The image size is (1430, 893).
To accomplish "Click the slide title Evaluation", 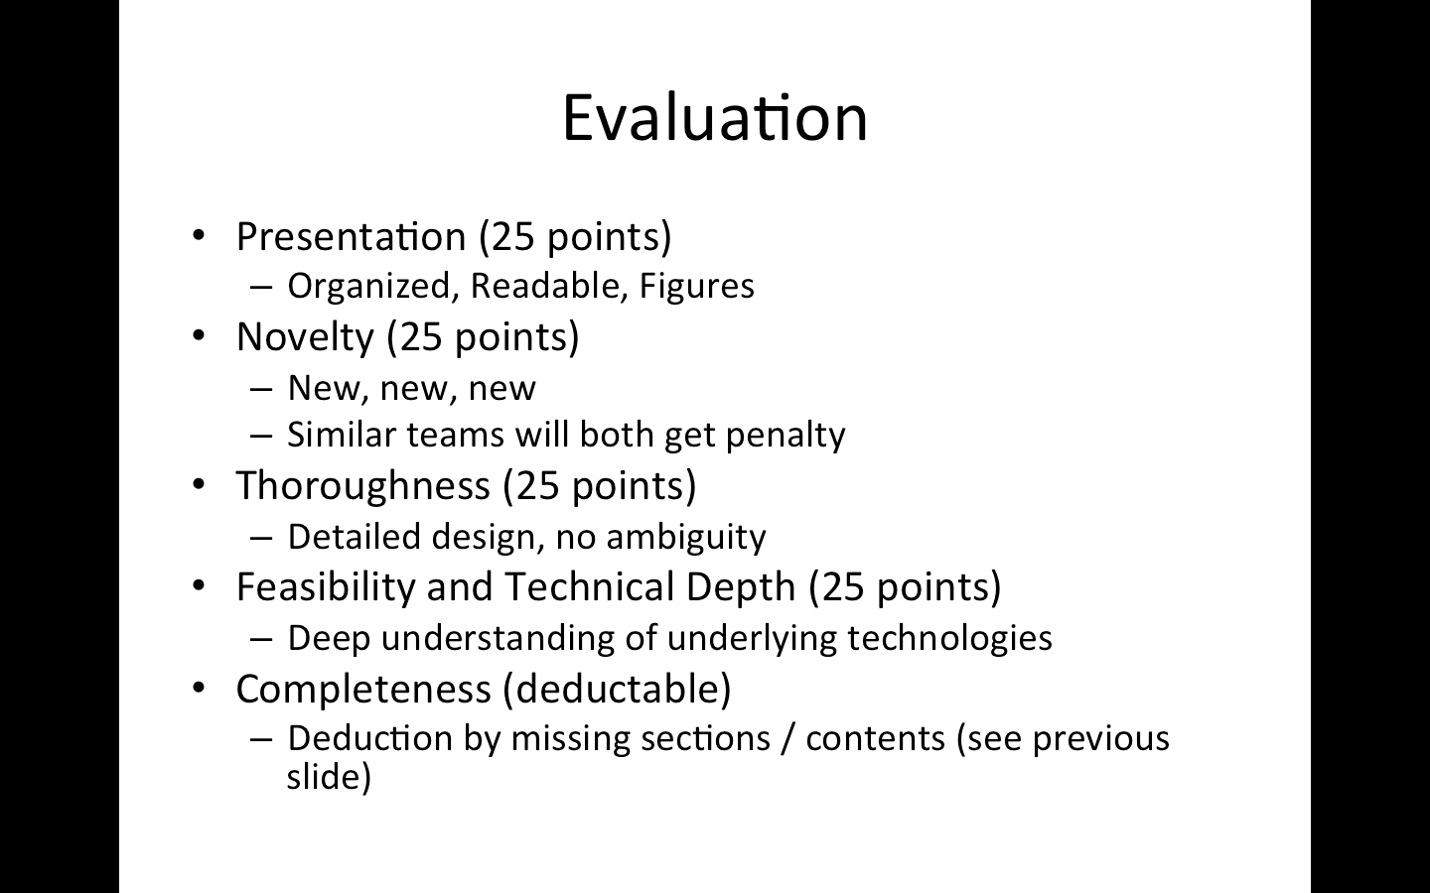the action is click(x=715, y=118).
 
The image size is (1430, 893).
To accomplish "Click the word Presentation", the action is click(x=352, y=236).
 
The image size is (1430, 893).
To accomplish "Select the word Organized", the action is click(x=369, y=287).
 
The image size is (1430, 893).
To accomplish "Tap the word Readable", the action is click(x=545, y=285).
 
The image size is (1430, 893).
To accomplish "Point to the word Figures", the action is click(x=696, y=287).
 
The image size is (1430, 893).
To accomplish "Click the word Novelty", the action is click(x=305, y=337).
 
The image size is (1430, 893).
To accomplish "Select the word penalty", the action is click(x=786, y=436).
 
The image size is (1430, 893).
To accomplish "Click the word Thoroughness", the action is click(x=363, y=486).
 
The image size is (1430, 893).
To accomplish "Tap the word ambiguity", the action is click(x=686, y=537).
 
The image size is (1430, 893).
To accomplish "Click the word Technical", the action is click(x=589, y=586).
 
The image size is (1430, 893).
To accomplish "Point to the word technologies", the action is click(x=950, y=639).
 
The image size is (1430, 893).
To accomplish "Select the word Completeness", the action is click(x=363, y=689).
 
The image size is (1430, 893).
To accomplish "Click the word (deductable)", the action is click(x=617, y=689).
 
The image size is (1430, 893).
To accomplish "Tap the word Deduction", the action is click(x=370, y=738).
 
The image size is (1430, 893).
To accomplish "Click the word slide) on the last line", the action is click(x=329, y=777).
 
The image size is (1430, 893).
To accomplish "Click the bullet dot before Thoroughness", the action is click(x=199, y=484).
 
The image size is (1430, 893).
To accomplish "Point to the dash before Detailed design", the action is click(x=261, y=539).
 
